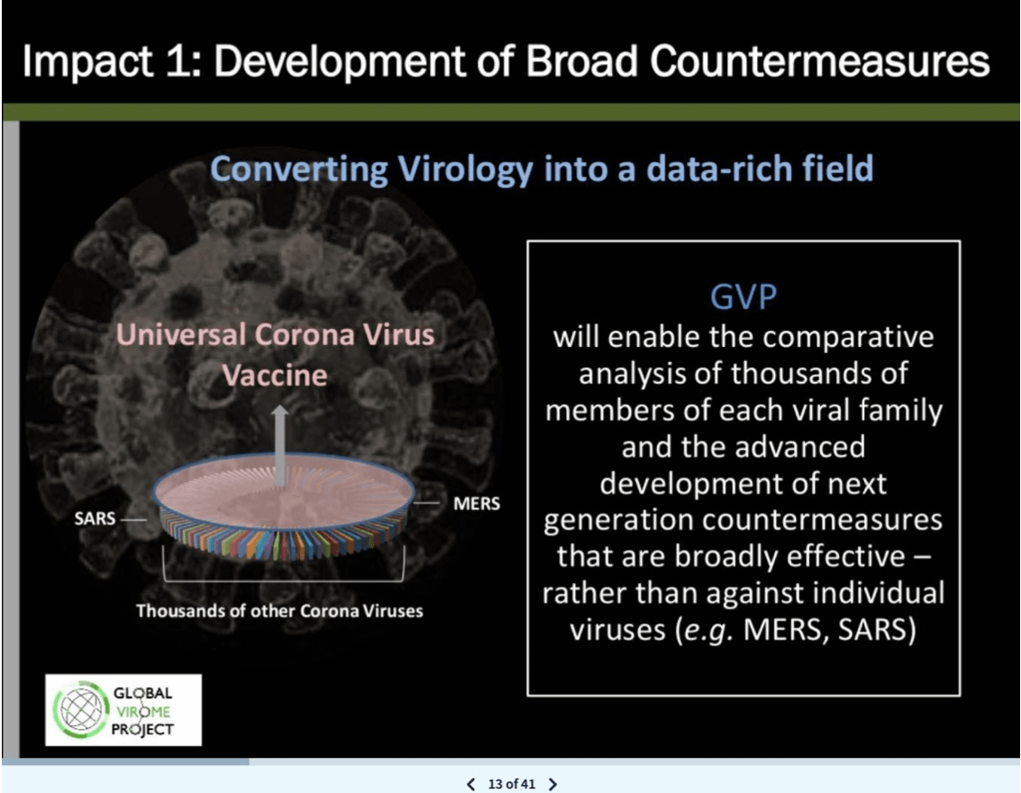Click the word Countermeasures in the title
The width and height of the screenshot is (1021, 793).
pyautogui.click(x=819, y=62)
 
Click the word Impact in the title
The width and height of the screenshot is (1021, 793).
pyautogui.click(x=87, y=63)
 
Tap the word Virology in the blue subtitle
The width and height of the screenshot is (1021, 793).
pyautogui.click(x=466, y=169)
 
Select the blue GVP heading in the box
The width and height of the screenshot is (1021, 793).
pyautogui.click(x=743, y=296)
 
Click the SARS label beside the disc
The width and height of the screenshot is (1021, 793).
pyautogui.click(x=95, y=519)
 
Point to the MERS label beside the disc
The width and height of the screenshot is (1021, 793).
pyautogui.click(x=477, y=504)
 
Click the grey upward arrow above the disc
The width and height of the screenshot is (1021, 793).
pyautogui.click(x=280, y=445)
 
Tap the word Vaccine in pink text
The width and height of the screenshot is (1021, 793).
pyautogui.click(x=275, y=376)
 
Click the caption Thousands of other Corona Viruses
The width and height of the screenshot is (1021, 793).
pyautogui.click(x=279, y=611)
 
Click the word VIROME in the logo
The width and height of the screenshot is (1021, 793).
pyautogui.click(x=143, y=712)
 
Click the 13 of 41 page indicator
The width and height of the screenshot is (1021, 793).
pyautogui.click(x=512, y=784)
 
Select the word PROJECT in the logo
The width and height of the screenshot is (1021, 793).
pyautogui.click(x=142, y=729)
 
